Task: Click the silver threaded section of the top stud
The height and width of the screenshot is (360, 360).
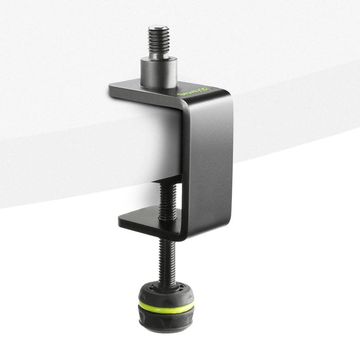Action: tap(159, 41)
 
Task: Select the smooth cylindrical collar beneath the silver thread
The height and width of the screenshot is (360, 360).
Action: tap(159, 72)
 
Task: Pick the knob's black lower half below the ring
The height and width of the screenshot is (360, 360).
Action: tap(166, 321)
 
